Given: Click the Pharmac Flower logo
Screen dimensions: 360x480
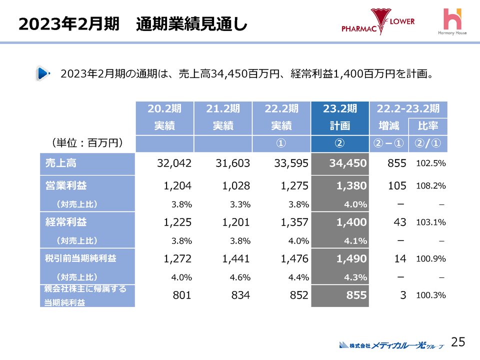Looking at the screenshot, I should pos(378,22).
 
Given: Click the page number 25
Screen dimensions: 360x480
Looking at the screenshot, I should pos(458,342).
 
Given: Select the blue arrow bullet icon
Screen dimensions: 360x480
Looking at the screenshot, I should pos(43,74).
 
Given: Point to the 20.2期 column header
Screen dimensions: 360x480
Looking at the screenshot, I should pos(164,108).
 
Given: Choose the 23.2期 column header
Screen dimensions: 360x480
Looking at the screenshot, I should pos(339,108).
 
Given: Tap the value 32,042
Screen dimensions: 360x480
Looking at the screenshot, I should pos(174,163).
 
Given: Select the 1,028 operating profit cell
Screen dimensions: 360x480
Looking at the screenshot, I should pos(232,185).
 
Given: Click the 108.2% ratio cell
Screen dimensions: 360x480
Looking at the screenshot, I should pos(430,186).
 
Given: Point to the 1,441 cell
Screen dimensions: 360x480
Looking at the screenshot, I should pos(232,259).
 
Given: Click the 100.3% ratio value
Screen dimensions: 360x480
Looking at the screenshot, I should pos(430,295).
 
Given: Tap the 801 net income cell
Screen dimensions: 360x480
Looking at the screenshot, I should pos(182,295).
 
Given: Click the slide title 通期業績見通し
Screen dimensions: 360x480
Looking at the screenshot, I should pos(191,24).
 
